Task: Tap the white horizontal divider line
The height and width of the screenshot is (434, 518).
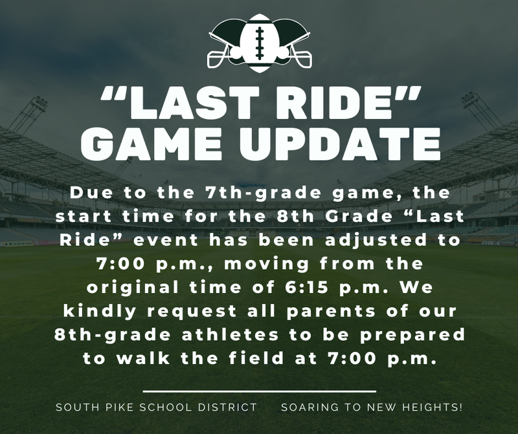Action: tap(259, 391)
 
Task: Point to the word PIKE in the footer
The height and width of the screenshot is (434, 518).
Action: tap(113, 408)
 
